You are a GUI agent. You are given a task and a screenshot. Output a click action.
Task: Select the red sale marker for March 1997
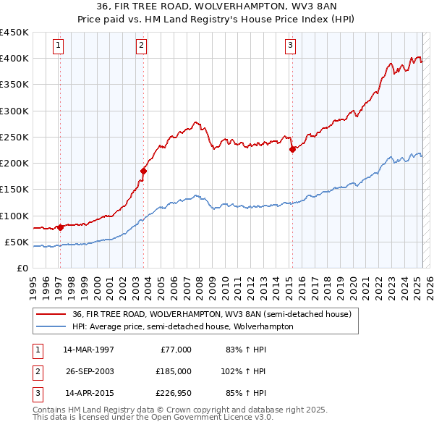pos(60,227)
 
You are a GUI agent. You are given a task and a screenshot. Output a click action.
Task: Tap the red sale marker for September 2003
pos(143,171)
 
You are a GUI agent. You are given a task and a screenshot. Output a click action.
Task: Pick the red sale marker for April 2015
pos(292,149)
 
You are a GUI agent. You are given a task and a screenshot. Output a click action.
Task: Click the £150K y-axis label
pos(14,190)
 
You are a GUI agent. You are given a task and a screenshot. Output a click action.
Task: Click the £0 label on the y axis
pos(22,269)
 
